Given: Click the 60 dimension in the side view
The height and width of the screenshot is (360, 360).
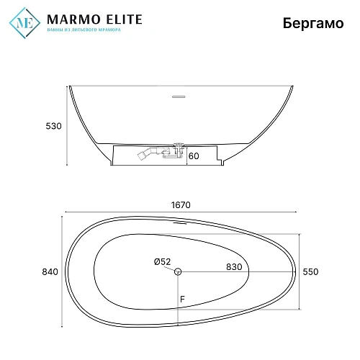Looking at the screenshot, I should coord(194,155).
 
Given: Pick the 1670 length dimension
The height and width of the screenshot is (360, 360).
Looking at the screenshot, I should coord(180,204).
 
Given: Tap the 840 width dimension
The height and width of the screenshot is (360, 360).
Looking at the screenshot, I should coord(50,271).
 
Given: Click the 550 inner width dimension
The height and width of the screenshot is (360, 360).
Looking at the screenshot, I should coord(310,271).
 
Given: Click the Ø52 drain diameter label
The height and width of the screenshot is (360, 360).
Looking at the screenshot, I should coord(162,262).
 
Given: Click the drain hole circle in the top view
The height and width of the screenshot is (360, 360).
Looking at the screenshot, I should coord(179,271).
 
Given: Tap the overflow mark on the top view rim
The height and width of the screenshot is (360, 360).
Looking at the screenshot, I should coord(177,222).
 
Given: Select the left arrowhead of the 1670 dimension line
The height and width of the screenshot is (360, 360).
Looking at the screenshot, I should coord(66,211).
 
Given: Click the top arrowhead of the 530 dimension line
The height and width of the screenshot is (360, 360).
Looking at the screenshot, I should coord(67,88).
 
